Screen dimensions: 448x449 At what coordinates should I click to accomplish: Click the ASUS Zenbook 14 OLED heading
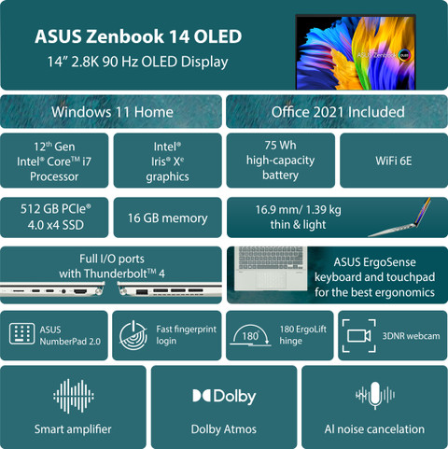pyautogui.click(x=138, y=36)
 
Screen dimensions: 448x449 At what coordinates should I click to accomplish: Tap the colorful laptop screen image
pyautogui.click(x=356, y=52)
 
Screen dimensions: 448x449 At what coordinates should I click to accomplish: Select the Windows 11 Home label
pyautogui.click(x=112, y=112)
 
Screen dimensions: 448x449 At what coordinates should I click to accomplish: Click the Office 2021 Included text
pyautogui.click(x=338, y=112)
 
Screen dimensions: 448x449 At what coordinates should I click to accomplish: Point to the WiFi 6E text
pyautogui.click(x=394, y=161)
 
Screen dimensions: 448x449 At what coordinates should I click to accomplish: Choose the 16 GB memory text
pyautogui.click(x=167, y=218)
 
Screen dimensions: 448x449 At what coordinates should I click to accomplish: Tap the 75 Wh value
pyautogui.click(x=280, y=145)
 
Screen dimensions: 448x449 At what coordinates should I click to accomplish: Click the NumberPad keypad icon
pyautogui.click(x=21, y=333)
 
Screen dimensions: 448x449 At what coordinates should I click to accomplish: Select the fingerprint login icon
pyautogui.click(x=133, y=335)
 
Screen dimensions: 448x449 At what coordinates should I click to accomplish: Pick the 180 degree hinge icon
pyautogui.click(x=250, y=335)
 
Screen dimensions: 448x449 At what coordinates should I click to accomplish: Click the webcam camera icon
pyautogui.click(x=359, y=336)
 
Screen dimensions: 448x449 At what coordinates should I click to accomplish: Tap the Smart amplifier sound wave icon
pyautogui.click(x=74, y=396)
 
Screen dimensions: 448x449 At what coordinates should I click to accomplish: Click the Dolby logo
pyautogui.click(x=224, y=396)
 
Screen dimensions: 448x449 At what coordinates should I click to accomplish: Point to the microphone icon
pyautogui.click(x=375, y=395)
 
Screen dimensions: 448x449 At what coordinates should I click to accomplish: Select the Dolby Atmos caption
pyautogui.click(x=224, y=429)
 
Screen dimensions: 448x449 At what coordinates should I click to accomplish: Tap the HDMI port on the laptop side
pyautogui.click(x=80, y=291)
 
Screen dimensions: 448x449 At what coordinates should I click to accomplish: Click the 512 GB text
pyautogui.click(x=40, y=209)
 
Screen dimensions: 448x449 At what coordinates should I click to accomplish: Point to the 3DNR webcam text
pyautogui.click(x=411, y=336)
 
